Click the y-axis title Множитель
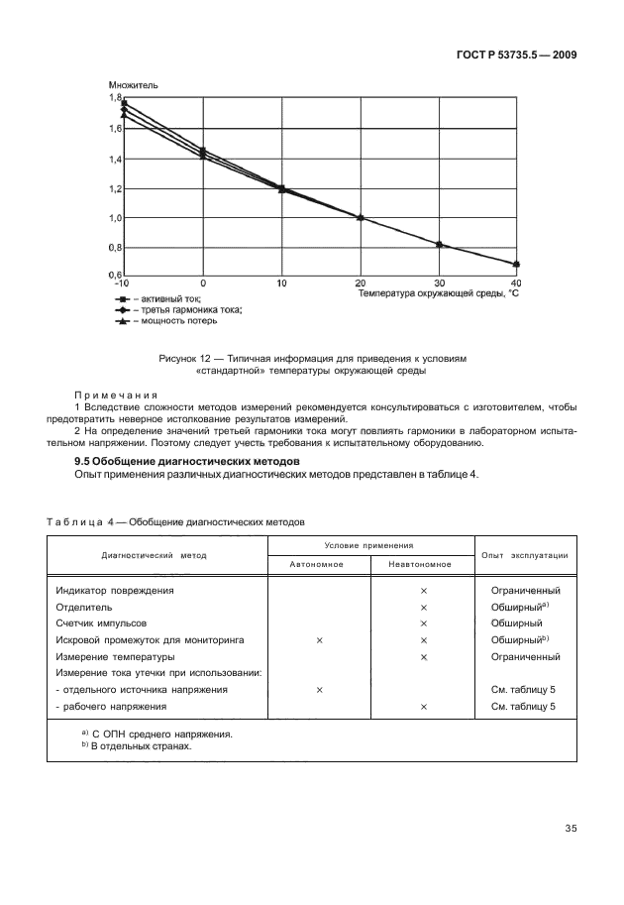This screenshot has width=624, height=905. [x=133, y=86]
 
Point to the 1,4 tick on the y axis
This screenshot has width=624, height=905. [x=115, y=159]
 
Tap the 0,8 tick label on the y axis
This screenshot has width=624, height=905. [x=115, y=247]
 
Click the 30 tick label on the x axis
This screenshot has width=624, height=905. [x=439, y=283]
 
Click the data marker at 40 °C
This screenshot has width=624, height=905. [x=515, y=265]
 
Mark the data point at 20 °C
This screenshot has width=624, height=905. [x=361, y=218]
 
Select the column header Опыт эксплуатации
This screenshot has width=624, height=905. [x=524, y=555]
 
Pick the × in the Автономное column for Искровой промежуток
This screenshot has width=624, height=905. [x=319, y=640]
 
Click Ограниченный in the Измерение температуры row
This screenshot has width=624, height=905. [x=525, y=657]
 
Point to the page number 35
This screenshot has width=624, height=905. [x=571, y=829]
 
